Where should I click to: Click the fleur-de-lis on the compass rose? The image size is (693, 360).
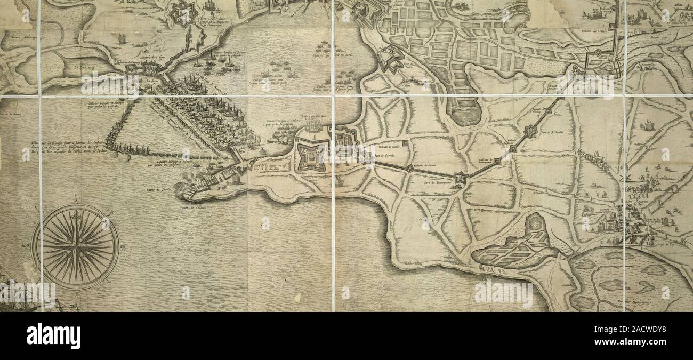tap(75, 215)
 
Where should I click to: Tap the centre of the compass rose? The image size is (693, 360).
tap(75, 247)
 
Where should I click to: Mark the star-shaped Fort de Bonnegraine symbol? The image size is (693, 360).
tap(460, 178)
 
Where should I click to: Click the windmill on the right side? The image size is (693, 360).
tap(625, 176)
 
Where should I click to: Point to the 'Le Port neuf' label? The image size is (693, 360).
tap(84, 67)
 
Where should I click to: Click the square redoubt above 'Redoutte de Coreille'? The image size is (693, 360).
tap(405, 143)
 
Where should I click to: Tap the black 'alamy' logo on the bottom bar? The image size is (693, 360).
tap(53, 335)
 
